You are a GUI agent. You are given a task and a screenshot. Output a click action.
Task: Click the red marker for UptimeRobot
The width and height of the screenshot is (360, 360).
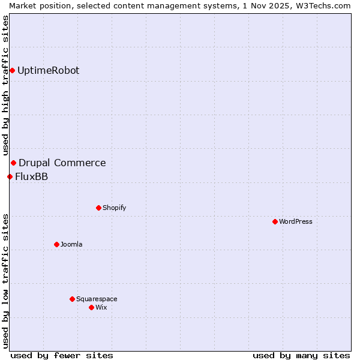click(12, 71)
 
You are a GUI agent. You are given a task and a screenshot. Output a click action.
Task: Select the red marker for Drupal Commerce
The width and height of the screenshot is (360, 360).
click(13, 163)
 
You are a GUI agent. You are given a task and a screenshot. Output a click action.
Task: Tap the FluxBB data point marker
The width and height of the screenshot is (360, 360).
click(10, 176)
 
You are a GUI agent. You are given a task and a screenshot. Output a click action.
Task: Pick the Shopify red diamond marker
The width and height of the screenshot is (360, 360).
click(98, 208)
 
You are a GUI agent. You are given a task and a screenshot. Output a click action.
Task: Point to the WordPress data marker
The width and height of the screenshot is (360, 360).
click(275, 221)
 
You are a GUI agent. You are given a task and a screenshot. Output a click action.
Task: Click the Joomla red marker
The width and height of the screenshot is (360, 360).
click(56, 244)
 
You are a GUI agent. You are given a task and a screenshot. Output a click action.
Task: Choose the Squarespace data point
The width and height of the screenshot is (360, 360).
click(72, 299)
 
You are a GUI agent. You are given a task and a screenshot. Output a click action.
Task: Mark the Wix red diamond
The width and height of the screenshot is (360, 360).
click(91, 307)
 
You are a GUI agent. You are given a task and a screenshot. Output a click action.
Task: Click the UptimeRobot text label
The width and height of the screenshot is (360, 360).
click(48, 71)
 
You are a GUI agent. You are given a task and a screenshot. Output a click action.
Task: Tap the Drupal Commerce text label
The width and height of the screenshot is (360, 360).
click(62, 163)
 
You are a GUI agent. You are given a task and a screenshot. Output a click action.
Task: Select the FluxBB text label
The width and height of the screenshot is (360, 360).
click(31, 176)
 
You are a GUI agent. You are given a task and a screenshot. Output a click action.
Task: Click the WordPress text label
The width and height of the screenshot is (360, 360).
click(296, 221)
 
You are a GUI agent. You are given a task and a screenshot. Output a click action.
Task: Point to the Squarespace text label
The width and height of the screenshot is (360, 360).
click(97, 299)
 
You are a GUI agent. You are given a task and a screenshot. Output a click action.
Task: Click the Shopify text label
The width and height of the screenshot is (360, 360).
click(114, 208)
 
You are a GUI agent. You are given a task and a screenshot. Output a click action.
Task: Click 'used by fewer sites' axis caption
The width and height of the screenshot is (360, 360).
click(62, 355)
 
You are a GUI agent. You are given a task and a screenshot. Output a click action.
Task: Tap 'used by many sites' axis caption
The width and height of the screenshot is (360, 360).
click(301, 355)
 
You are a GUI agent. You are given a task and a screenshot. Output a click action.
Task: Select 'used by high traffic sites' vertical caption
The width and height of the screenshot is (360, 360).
click(5, 85)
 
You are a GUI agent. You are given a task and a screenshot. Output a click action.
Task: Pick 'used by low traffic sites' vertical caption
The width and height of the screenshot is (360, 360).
click(5, 281)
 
